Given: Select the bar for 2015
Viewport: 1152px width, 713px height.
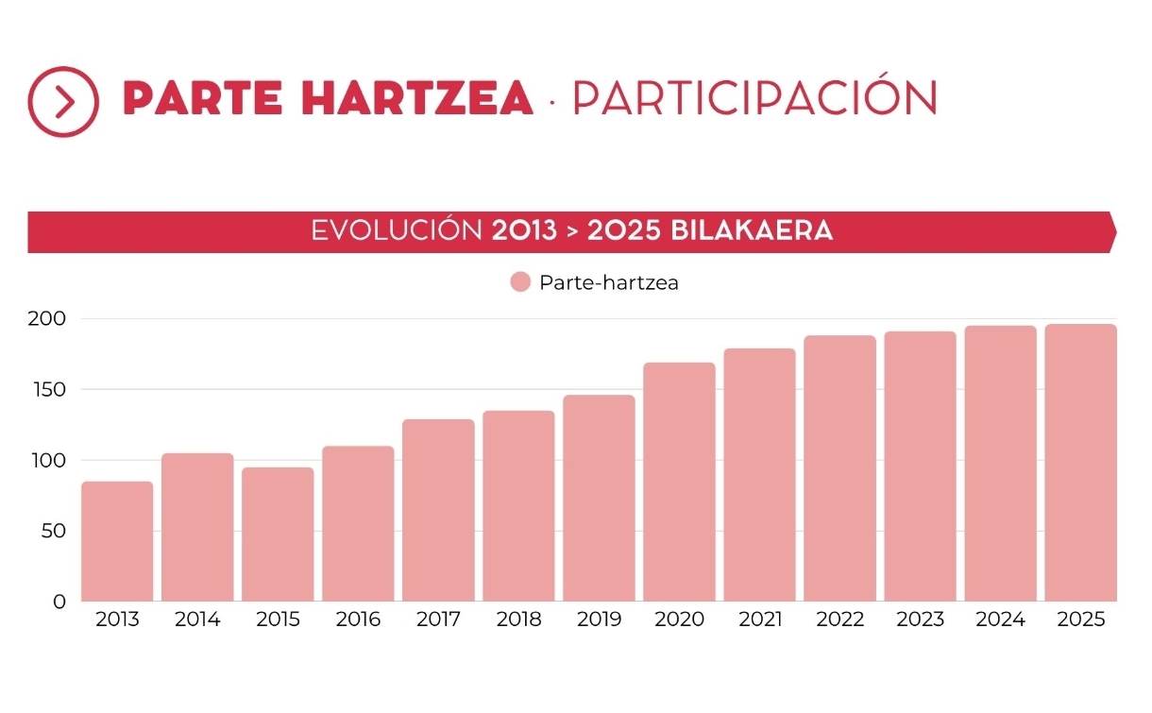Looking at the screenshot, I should (278, 535).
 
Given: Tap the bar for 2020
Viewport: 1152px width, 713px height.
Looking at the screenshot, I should (679, 482).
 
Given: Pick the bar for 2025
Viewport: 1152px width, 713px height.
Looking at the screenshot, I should (1080, 463).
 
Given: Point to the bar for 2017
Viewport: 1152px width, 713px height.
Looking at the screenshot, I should (438, 510).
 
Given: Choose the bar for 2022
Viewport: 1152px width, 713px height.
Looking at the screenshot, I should (839, 468).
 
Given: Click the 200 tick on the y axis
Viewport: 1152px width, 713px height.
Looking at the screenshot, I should (47, 318).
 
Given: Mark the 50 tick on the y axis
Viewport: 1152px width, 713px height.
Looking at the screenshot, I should (53, 531).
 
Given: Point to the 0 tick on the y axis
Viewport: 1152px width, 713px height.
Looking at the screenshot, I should (59, 602).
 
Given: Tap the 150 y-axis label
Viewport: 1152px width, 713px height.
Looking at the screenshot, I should (47, 389).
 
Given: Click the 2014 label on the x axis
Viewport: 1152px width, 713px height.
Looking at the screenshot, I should (197, 620).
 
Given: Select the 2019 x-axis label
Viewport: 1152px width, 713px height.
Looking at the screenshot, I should (599, 620).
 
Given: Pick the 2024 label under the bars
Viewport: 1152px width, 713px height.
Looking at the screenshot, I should (1000, 620).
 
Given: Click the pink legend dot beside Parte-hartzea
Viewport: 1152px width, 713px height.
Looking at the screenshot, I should (520, 282).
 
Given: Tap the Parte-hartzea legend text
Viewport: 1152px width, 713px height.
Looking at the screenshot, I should (608, 282).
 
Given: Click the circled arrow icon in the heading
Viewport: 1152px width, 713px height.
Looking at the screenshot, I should (63, 102).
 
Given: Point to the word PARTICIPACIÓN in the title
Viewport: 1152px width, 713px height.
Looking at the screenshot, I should (754, 97).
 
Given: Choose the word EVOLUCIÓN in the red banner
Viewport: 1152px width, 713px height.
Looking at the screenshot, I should (397, 231).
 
